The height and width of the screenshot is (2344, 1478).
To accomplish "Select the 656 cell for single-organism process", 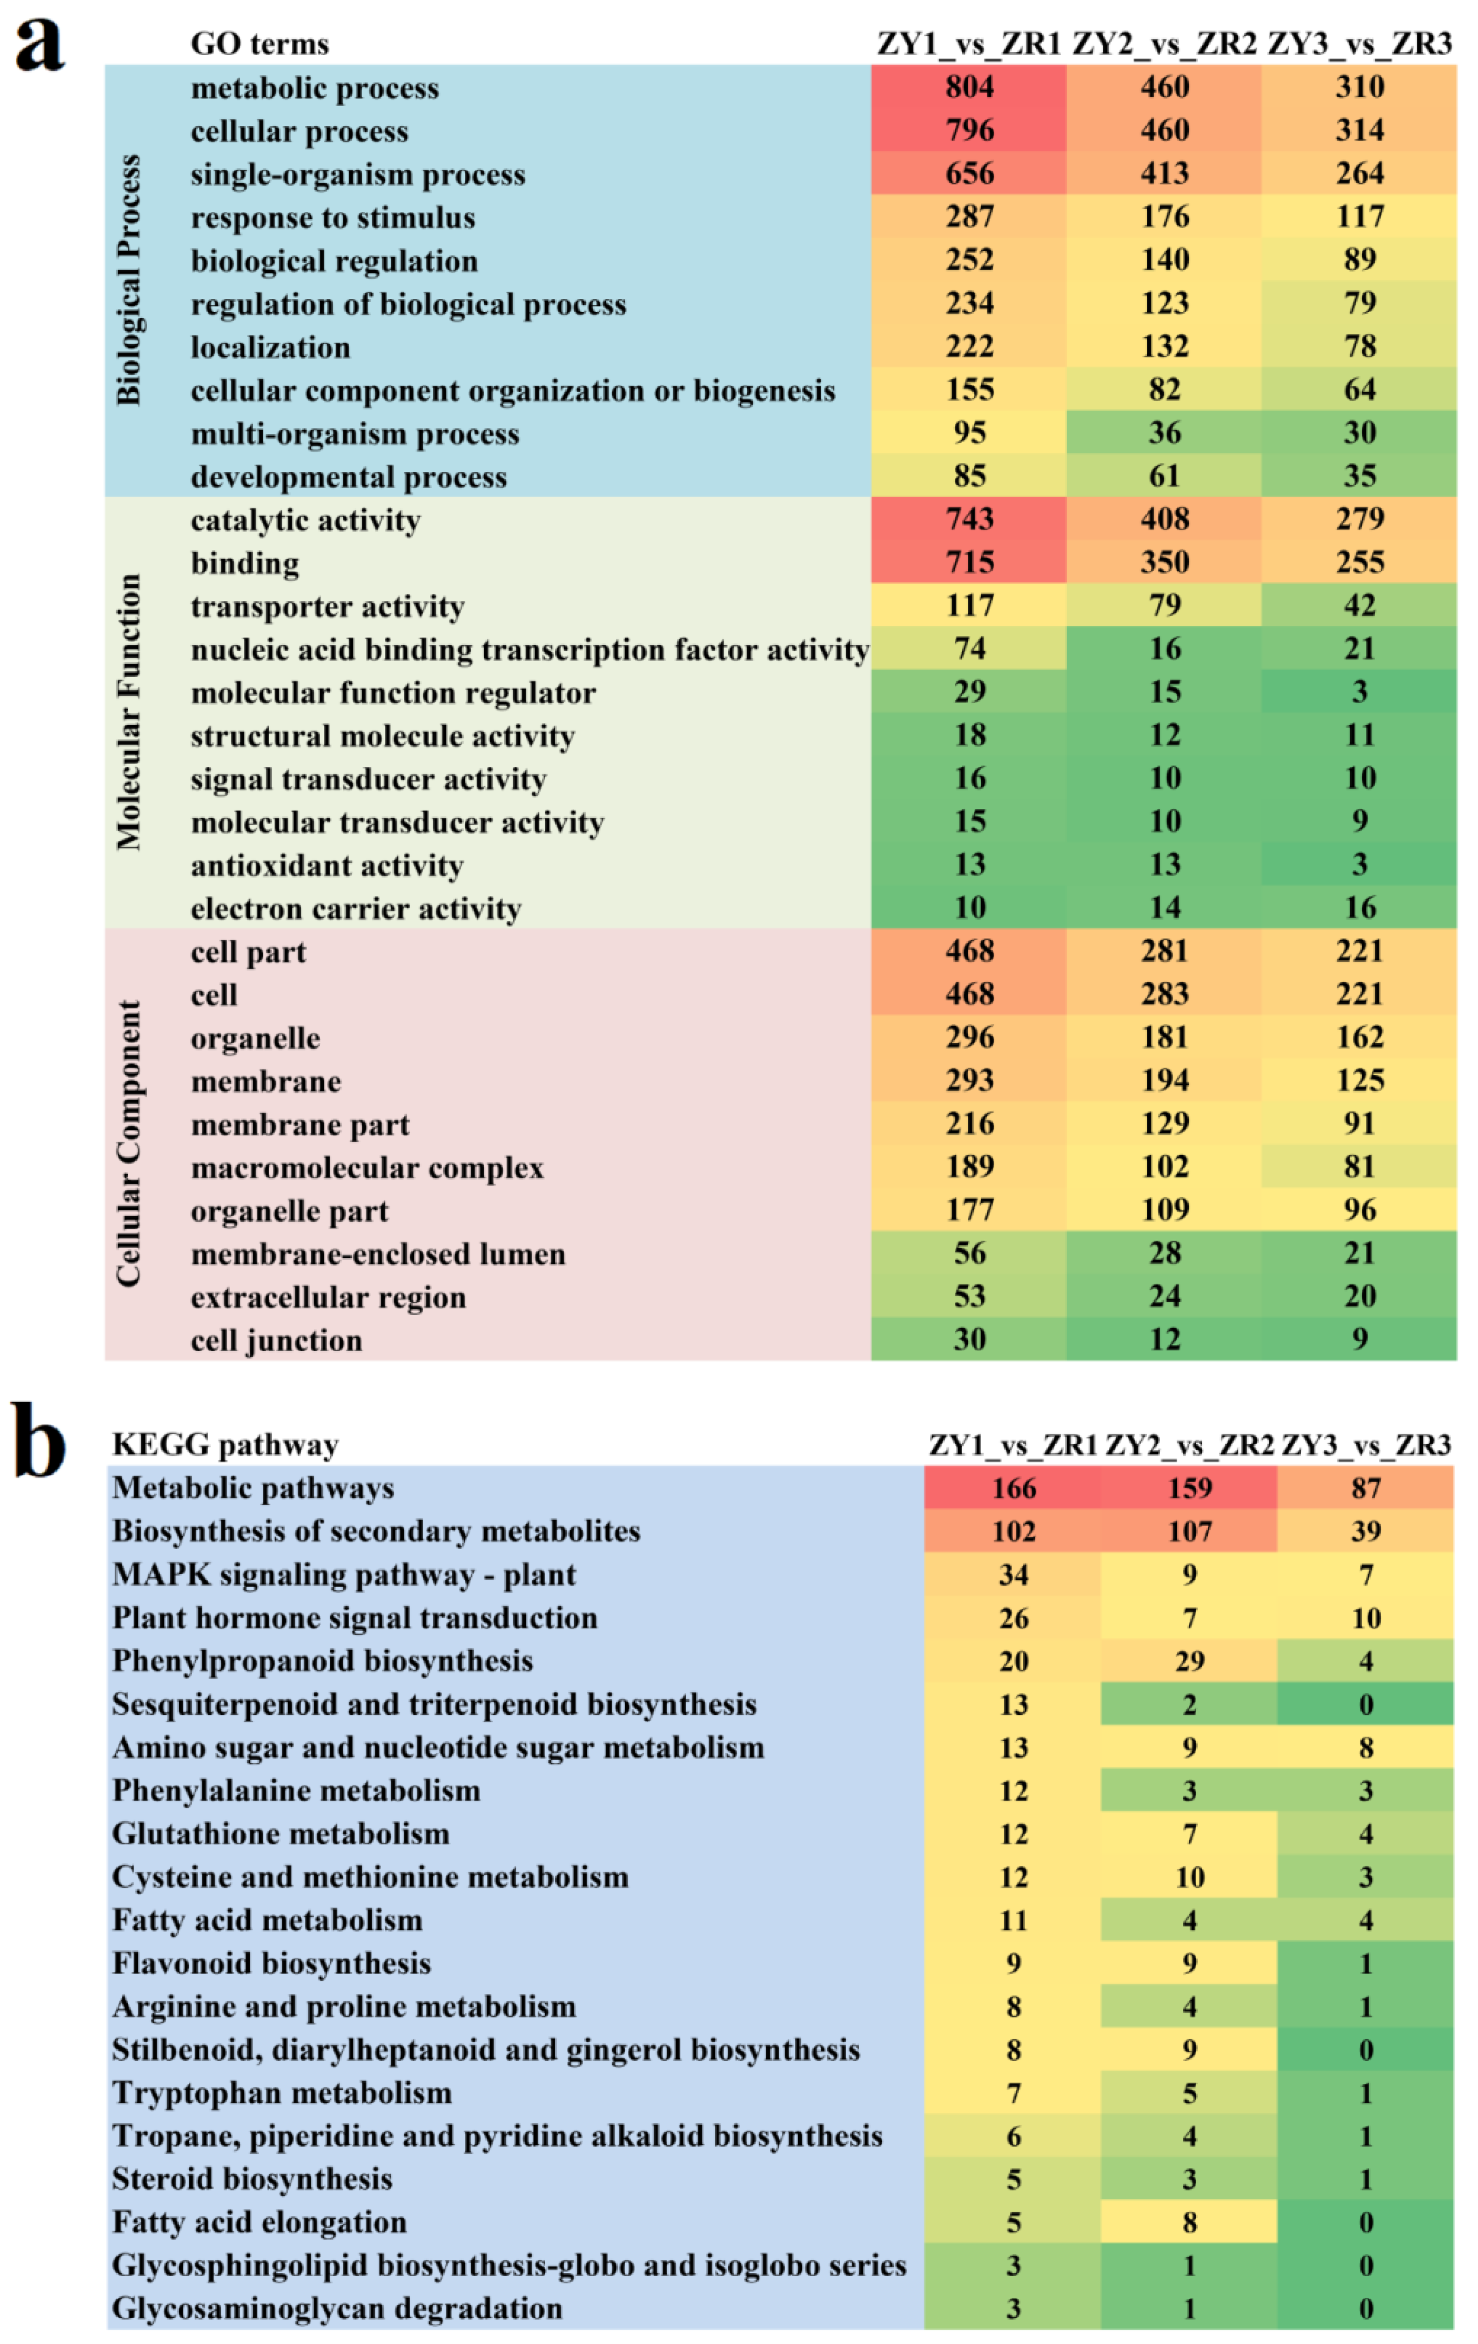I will click(x=969, y=173).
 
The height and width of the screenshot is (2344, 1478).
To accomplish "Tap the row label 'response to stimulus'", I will click(x=333, y=217).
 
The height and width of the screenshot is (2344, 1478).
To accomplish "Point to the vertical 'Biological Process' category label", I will click(x=128, y=280).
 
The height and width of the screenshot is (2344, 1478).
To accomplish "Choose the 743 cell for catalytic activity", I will click(x=969, y=519).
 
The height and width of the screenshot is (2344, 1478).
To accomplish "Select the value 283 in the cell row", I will click(x=1165, y=994).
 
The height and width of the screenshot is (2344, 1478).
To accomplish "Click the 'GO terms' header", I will click(x=260, y=44).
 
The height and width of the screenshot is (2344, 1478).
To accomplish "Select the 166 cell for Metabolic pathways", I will click(x=1013, y=1488).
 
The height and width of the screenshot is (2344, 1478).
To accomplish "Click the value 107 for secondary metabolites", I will click(x=1189, y=1531).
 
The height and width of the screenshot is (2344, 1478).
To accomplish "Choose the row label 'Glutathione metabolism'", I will click(x=281, y=1833).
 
